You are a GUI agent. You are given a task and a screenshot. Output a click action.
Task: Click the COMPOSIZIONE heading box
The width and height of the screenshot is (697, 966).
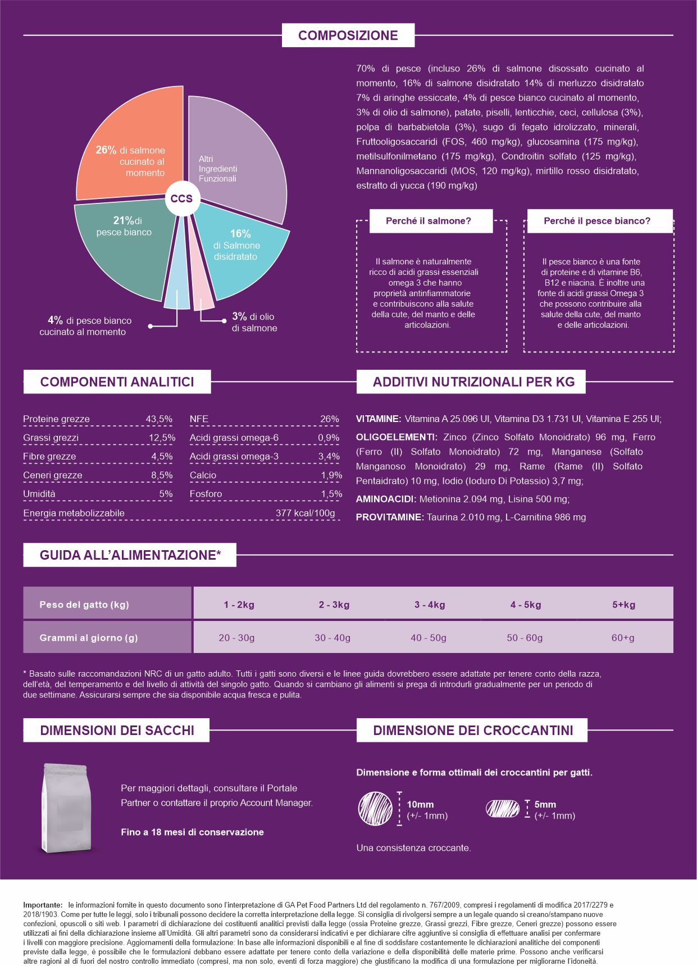coord(348,35)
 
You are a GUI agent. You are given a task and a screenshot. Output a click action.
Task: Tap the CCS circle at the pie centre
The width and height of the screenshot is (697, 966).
coord(181,198)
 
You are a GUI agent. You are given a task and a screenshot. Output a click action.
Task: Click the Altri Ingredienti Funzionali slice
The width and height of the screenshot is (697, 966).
coord(236,157)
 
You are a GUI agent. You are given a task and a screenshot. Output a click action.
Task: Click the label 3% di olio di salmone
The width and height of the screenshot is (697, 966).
coord(254,323)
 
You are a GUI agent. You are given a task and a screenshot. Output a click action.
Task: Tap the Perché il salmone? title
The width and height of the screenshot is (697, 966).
coord(429,221)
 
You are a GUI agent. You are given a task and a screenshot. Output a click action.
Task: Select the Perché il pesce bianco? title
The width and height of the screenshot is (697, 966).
coord(597,221)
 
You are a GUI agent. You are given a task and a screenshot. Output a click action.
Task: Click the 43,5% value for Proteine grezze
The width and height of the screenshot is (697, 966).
coord(159,419)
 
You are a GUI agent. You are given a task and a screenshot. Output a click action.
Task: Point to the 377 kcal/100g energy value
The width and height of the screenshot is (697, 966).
coord(305,513)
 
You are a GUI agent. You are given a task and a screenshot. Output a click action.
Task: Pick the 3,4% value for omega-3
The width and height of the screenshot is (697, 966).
coord(329,456)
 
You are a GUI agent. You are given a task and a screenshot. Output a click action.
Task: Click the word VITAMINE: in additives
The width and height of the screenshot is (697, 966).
coord(379,419)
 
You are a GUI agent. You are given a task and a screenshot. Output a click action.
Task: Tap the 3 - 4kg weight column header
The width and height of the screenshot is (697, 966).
coord(430,605)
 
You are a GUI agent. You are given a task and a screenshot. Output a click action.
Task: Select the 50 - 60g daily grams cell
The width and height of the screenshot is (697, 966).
coord(525,638)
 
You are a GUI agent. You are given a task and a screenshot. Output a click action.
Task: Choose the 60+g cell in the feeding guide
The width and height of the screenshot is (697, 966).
coord(623,638)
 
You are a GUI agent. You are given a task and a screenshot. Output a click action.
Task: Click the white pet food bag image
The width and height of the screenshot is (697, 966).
coord(66,807)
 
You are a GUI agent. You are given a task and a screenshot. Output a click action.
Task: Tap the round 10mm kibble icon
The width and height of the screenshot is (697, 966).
coord(375,809)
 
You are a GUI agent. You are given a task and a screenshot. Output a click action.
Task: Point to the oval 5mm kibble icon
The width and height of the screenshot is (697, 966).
coord(503,809)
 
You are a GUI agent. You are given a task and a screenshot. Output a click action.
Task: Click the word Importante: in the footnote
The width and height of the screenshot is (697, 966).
coord(43,905)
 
